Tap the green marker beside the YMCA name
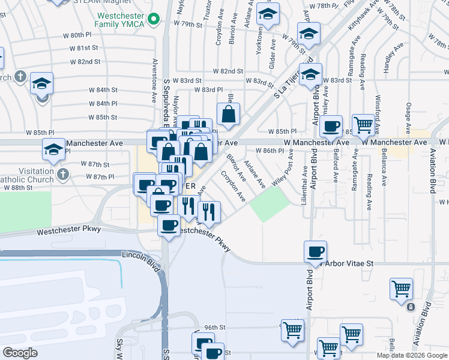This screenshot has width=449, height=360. [154, 20]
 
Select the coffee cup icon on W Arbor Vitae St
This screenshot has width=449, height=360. [315, 251]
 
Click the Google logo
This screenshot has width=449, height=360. [20, 352]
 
